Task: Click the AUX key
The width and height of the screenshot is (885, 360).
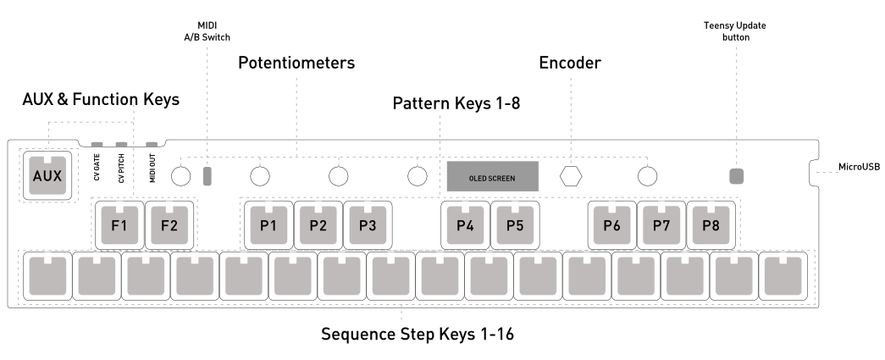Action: (x=48, y=175)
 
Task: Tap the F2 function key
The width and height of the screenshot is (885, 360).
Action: (x=169, y=224)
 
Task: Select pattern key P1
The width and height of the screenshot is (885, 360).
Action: (x=268, y=224)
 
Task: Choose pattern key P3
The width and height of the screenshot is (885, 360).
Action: (x=367, y=224)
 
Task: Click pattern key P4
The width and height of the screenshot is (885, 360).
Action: (x=465, y=224)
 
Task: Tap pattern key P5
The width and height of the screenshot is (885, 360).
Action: (x=514, y=224)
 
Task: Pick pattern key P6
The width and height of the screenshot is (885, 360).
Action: (x=612, y=224)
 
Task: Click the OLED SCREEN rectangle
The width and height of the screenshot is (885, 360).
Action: (x=492, y=176)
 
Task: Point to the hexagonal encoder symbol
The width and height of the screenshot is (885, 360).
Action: (x=573, y=176)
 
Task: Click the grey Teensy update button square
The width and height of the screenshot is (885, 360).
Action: (x=737, y=176)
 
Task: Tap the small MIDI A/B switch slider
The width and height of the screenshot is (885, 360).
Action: (x=208, y=176)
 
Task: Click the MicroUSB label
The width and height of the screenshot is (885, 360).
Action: (x=858, y=167)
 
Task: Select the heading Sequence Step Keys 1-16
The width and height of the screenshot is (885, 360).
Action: (x=417, y=334)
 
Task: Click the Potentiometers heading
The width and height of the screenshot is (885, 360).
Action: (x=296, y=64)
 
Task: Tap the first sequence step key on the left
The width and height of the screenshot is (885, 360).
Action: (x=47, y=274)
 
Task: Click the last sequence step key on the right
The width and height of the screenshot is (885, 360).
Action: (x=783, y=274)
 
